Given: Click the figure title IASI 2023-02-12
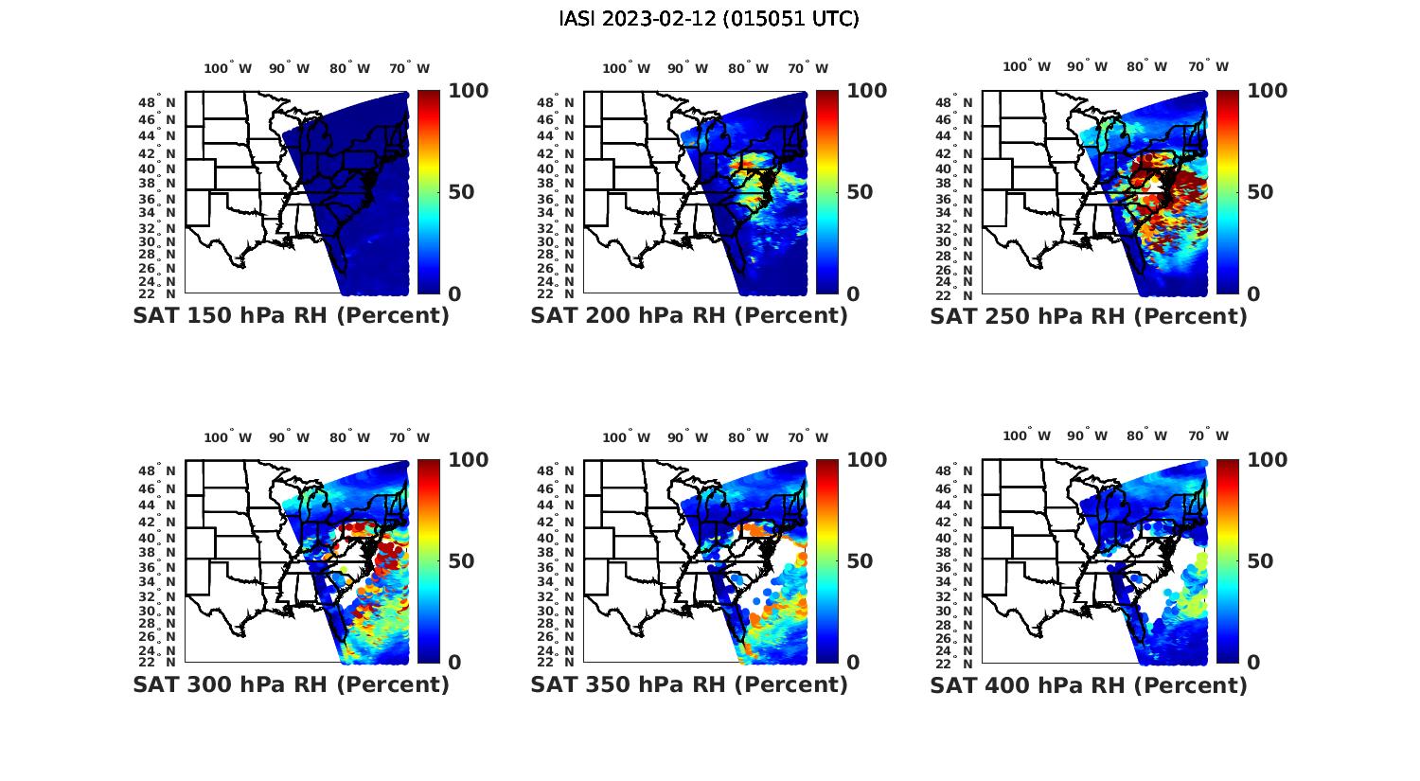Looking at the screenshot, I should point(709,19).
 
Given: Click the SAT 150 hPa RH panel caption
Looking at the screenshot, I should point(291,316).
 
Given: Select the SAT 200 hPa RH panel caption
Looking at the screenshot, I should point(689,316).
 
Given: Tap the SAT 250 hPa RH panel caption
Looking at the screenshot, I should point(1089,316).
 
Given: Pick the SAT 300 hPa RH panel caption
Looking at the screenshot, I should point(291,684).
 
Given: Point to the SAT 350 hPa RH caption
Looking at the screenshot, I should point(689,684).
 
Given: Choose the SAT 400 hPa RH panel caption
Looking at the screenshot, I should point(1089,684).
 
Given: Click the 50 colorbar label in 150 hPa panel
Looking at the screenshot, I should point(461,192).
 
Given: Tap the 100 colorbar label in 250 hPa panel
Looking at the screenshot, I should point(1268,91).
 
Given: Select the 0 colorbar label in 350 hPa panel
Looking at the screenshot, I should point(853,663).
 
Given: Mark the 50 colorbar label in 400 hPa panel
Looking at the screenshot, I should point(1259,561).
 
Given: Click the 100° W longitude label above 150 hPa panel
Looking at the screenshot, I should point(228,68).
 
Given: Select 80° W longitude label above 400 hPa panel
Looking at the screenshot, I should point(1146,436).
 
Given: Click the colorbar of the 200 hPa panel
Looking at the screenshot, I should point(827,192).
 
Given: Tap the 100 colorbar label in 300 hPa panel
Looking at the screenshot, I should point(469,460).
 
